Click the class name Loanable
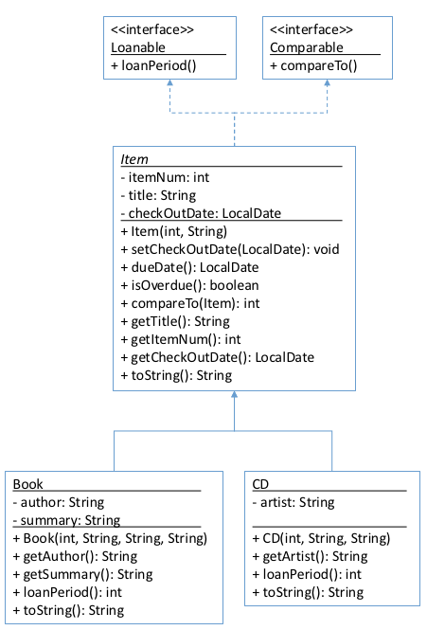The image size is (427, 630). coord(138,47)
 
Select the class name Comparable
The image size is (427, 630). coord(307,47)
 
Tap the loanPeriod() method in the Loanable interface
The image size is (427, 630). coord(153,65)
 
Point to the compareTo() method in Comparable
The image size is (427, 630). coord(313,65)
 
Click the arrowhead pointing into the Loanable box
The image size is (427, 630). coord(169,82)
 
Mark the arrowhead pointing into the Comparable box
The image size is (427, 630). coord(327,82)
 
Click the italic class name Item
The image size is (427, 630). coord(134,159)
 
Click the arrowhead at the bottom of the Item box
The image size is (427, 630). coord(234,394)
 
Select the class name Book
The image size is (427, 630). coord(27,484)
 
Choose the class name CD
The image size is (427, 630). coord(260,484)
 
